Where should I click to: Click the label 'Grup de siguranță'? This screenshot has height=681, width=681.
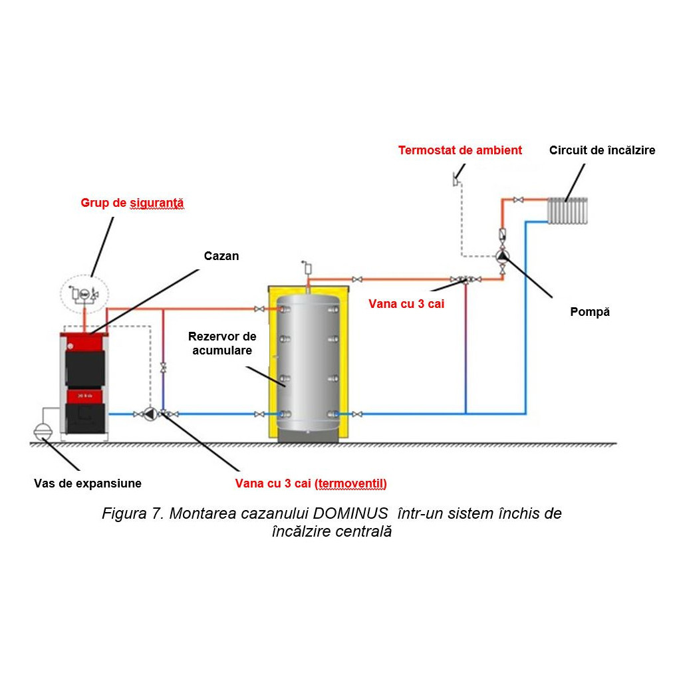point(132,203)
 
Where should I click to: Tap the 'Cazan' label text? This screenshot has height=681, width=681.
point(221,256)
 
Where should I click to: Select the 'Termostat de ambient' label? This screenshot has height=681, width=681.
point(460,150)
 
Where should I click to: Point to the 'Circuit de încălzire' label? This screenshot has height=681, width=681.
point(602,150)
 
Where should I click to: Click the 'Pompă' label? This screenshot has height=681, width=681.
point(590,312)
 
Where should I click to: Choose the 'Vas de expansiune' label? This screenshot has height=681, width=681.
point(88,483)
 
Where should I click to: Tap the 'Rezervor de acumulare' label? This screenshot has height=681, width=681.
point(222,343)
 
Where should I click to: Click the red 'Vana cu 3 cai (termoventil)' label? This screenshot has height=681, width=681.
point(311,483)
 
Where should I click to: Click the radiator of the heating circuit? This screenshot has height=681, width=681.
point(567,211)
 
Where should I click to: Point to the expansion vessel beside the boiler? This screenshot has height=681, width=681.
point(43,431)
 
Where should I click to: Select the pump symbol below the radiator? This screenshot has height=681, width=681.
point(503,256)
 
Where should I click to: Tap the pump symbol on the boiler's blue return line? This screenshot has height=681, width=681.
point(150,414)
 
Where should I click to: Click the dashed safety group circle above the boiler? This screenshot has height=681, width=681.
point(84,294)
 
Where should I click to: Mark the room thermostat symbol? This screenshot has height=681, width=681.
point(456,180)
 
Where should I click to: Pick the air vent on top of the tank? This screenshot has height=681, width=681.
point(307,268)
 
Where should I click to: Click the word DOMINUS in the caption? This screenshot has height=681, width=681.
point(350,513)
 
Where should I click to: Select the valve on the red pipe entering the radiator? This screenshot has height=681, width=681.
point(518,200)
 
